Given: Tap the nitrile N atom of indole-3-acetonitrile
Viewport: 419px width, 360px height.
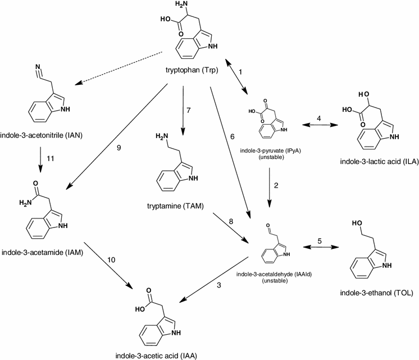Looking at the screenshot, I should tap(31, 72).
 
